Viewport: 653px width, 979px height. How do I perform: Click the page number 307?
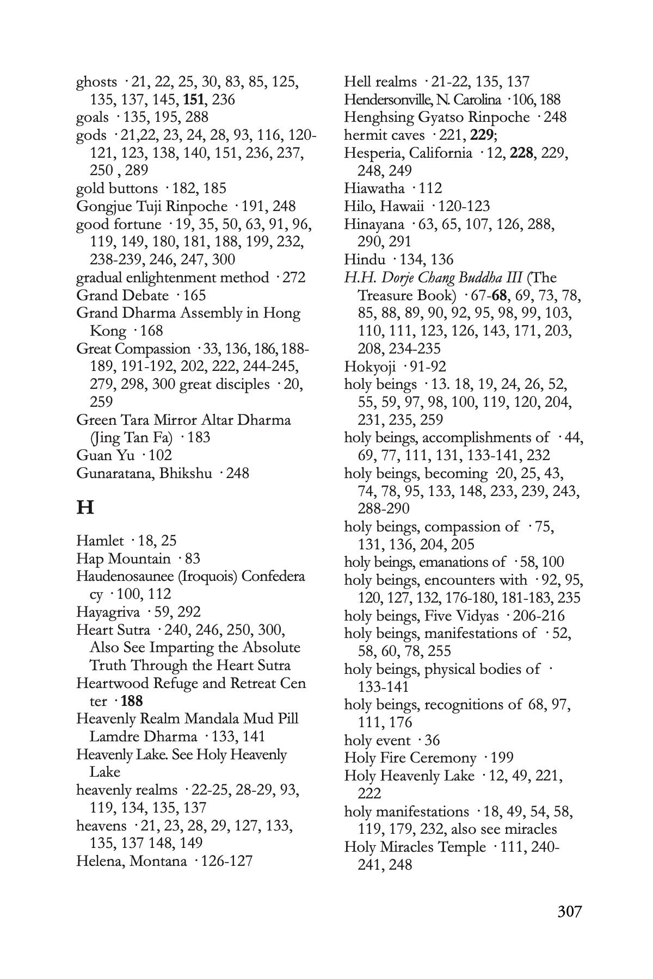pyautogui.click(x=570, y=911)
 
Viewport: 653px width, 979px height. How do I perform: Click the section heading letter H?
pyautogui.click(x=85, y=507)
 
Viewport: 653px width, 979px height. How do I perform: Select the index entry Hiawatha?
pyautogui.click(x=374, y=188)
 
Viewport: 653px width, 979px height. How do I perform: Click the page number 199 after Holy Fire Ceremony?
pyautogui.click(x=502, y=758)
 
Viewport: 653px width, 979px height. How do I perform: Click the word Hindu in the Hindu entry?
pyautogui.click(x=363, y=259)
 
